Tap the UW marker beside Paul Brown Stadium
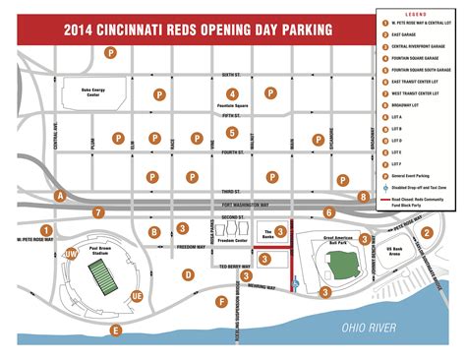point(71,255)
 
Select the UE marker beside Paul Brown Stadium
point(136,295)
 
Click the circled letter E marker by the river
point(117,330)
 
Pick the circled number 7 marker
point(98,211)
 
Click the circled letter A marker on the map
point(61,197)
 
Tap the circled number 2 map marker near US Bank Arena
point(426,233)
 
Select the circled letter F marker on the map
point(222,301)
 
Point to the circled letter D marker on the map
point(188,275)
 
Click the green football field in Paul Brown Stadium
point(102,279)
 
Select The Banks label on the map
point(263,230)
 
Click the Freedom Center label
point(231,239)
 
